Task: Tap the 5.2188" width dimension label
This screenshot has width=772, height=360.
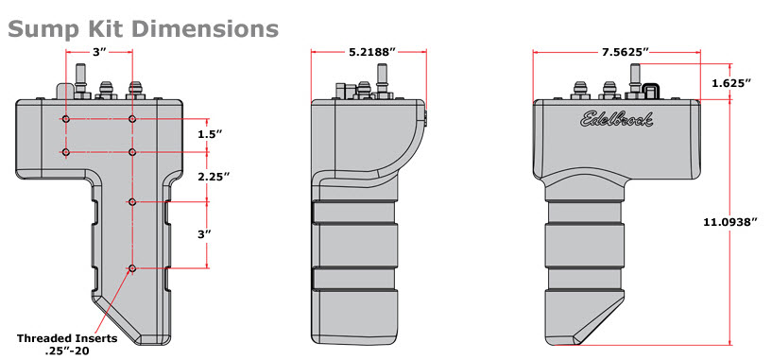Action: coord(372,52)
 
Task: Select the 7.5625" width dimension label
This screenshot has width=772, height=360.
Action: coord(626,52)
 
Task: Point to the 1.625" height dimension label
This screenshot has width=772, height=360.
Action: coord(731,83)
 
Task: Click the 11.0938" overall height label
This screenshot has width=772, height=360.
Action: coord(730,222)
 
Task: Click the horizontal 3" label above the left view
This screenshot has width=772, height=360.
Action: coord(100,52)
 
